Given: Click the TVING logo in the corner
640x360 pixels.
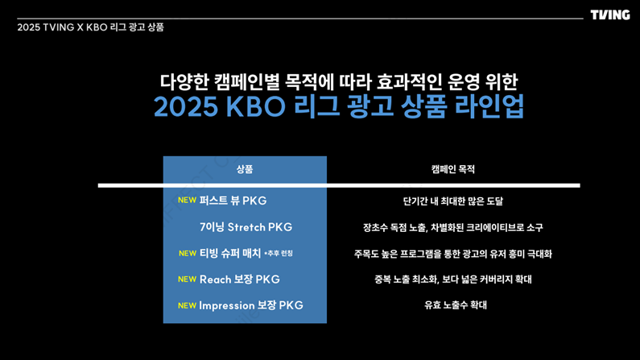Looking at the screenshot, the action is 609,15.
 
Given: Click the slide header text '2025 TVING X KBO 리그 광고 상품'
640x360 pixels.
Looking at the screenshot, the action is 90,27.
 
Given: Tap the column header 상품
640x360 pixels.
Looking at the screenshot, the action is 245,169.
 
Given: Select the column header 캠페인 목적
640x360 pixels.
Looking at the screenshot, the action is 453,169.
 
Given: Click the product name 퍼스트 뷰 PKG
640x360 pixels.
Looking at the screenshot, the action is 233,201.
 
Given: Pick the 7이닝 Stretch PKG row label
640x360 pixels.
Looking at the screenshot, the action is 246,227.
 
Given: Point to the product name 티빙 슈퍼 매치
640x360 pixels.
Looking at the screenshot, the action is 229,253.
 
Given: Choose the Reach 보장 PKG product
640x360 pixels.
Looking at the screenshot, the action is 240,279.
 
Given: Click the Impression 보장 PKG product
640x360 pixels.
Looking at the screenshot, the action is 251,305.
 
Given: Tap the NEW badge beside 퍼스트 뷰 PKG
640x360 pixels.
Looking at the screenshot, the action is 188,200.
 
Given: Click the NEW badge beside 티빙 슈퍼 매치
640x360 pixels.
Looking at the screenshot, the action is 188,254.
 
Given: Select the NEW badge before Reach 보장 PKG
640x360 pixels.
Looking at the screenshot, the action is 188,279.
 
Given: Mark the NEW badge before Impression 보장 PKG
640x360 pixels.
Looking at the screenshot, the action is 188,306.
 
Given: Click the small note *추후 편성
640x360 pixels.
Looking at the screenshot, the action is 279,254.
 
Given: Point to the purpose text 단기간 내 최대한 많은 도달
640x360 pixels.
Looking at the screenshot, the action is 453,201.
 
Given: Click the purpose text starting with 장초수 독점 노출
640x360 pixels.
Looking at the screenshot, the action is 453,227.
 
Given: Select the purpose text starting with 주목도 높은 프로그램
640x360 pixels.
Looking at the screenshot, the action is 453,254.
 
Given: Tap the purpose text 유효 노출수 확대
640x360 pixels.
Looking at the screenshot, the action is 456,305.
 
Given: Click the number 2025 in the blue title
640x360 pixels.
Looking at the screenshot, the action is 186,106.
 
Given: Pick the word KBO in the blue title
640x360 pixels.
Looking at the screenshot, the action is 255,106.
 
